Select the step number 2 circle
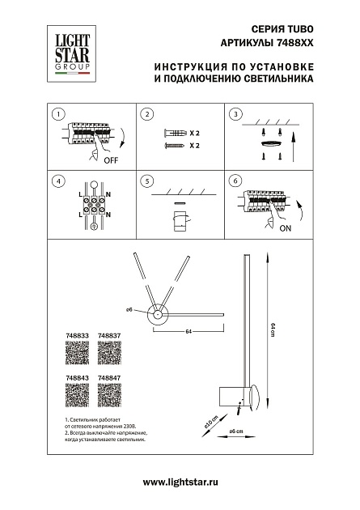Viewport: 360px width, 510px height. click(147, 114)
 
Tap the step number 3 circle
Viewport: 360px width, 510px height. click(236, 114)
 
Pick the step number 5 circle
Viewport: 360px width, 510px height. click(147, 181)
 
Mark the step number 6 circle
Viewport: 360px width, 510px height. click(236, 181)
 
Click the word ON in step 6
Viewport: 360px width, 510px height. click(286, 229)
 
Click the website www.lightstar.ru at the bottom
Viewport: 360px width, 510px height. click(180, 482)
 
